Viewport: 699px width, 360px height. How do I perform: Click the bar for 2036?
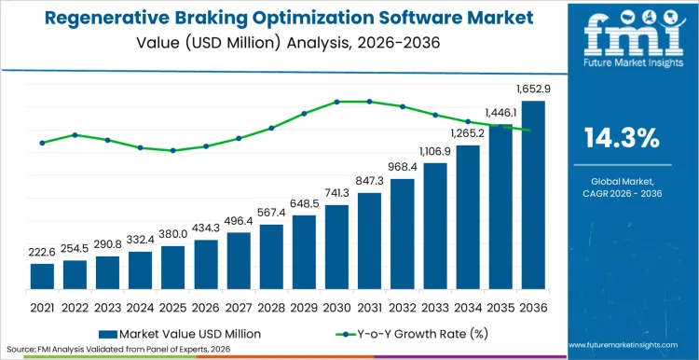point(533,196)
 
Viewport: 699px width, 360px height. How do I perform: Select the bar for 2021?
point(42,277)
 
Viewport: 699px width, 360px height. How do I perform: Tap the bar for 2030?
point(336,248)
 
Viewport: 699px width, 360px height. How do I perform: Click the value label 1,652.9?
point(533,90)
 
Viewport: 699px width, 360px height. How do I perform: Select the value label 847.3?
point(370,181)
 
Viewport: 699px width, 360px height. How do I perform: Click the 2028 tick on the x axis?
point(271,306)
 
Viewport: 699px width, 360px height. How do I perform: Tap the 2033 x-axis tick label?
point(435,306)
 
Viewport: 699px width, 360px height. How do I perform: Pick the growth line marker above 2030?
point(336,102)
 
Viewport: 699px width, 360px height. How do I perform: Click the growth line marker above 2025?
point(172,150)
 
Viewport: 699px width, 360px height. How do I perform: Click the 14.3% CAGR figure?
point(622,139)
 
